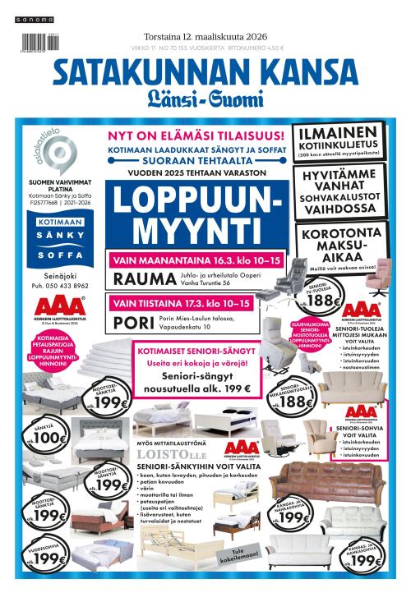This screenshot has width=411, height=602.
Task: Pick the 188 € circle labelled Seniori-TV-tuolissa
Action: click(x=327, y=302)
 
